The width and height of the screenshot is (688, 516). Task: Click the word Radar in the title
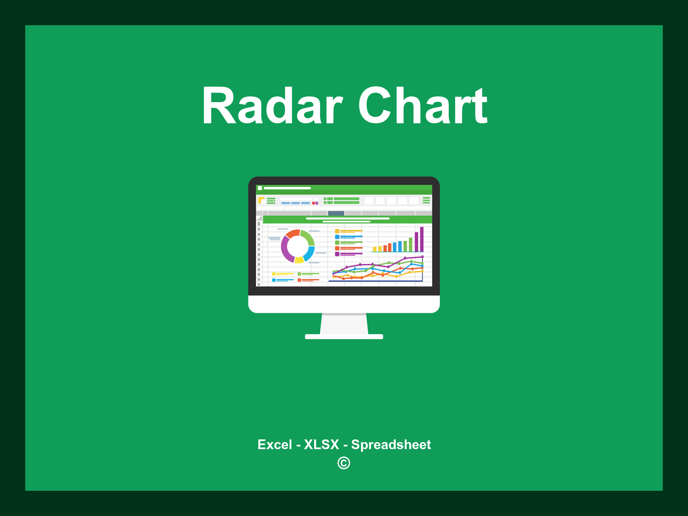pyautogui.click(x=272, y=106)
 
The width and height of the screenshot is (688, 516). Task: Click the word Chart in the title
pyautogui.click(x=423, y=106)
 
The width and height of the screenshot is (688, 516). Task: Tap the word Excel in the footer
pyautogui.click(x=274, y=444)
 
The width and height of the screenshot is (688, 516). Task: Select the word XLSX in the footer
pyautogui.click(x=321, y=444)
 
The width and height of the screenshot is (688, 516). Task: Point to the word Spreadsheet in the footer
pyautogui.click(x=391, y=444)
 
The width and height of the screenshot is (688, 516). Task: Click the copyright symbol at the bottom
pyautogui.click(x=344, y=463)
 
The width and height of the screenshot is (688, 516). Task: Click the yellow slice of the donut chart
pyautogui.click(x=299, y=260)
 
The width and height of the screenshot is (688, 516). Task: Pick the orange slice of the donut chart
pyautogui.click(x=293, y=233)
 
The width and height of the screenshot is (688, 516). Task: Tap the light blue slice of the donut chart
pyautogui.click(x=309, y=254)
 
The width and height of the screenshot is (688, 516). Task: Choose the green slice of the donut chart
pyautogui.click(x=308, y=237)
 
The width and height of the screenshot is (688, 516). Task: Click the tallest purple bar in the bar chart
pyautogui.click(x=422, y=239)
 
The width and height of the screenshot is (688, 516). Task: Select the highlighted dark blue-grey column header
pyautogui.click(x=336, y=213)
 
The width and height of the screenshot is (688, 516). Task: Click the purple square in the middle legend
pyautogui.click(x=337, y=254)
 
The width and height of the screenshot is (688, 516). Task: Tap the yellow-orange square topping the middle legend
pyautogui.click(x=337, y=231)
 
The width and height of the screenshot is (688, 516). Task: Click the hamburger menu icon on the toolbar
pyautogui.click(x=426, y=200)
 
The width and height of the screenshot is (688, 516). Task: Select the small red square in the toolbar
pyautogui.click(x=313, y=203)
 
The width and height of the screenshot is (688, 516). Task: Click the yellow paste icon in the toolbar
pyautogui.click(x=261, y=200)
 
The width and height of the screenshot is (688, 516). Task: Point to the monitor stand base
pyautogui.click(x=344, y=337)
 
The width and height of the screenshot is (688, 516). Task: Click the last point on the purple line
pyautogui.click(x=422, y=257)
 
